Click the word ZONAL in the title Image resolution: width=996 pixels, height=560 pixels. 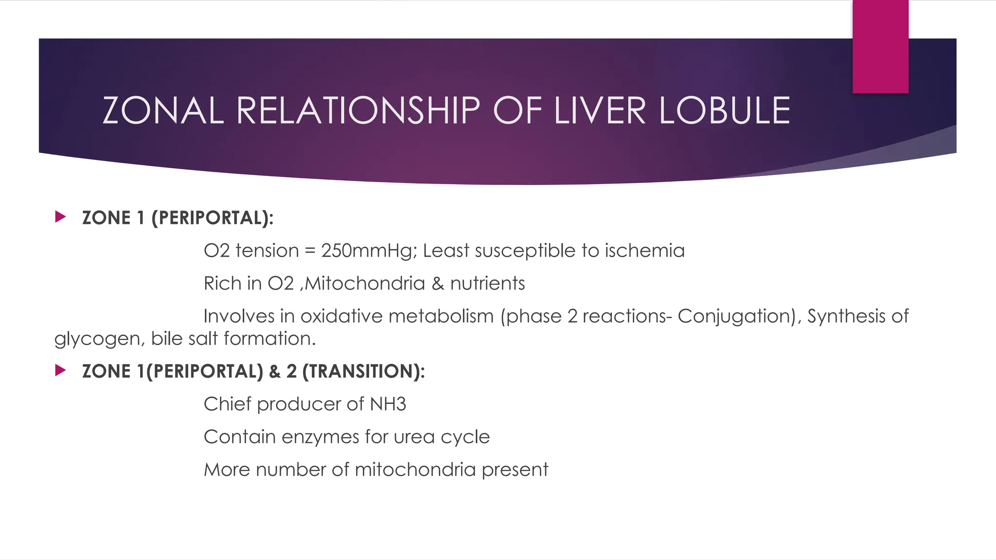(x=163, y=110)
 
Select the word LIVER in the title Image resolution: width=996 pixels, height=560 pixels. (x=600, y=110)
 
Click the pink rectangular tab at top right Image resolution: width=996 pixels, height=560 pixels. (x=880, y=46)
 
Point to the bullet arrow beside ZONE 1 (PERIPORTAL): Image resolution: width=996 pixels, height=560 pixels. (x=60, y=217)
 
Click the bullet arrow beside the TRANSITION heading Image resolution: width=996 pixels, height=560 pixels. (x=60, y=370)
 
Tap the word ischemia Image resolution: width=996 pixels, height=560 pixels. (x=644, y=251)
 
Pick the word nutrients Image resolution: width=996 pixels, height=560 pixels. (x=487, y=283)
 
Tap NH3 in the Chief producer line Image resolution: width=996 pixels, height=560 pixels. (x=388, y=404)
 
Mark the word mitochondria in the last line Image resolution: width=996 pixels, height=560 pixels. (x=415, y=470)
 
